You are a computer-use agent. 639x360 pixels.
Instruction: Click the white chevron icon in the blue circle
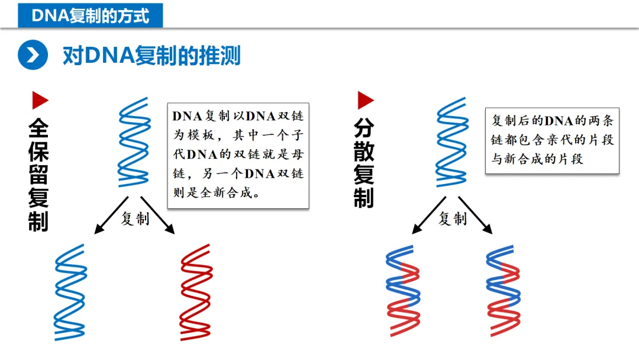click(33, 56)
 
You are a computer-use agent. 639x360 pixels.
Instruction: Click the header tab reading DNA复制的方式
click(90, 15)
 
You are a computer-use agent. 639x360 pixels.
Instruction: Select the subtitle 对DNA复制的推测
click(151, 56)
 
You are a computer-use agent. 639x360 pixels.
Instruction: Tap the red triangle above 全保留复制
click(40, 100)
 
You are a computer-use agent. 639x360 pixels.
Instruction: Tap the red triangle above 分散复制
click(365, 100)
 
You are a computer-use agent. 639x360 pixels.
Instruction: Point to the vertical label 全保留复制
click(38, 176)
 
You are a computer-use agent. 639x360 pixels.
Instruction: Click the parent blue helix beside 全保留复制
click(134, 142)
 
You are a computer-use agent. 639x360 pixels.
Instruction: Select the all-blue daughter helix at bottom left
click(70, 291)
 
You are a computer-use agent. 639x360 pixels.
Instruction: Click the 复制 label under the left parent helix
click(135, 219)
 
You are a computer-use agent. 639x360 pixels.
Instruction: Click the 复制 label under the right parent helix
click(453, 219)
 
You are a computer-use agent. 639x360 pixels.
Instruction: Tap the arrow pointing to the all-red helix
click(158, 216)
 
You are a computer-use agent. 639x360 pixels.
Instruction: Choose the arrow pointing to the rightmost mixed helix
click(476, 216)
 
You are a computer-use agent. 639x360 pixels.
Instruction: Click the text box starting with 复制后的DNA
click(551, 140)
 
